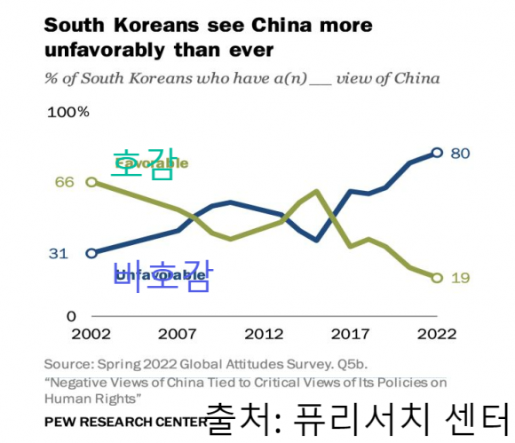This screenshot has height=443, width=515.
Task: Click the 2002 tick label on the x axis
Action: (91, 335)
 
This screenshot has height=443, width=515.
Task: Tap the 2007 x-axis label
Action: (177, 335)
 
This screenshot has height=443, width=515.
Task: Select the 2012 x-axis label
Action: (264, 335)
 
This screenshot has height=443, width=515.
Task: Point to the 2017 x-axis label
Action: (350, 335)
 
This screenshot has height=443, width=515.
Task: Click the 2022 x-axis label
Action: (437, 335)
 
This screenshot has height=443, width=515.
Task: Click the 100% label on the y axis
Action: (68, 112)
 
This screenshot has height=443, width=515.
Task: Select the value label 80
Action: (460, 153)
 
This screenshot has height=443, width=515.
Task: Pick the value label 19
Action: (460, 278)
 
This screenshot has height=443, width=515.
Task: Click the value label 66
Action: (64, 182)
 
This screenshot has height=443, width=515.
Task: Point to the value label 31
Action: (58, 253)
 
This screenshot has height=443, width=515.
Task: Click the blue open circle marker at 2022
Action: (437, 153)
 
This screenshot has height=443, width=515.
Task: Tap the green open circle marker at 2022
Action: (437, 278)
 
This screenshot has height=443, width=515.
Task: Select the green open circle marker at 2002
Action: (91, 182)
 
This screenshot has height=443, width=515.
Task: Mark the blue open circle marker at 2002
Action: (91, 253)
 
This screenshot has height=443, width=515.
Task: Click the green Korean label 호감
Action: (142, 165)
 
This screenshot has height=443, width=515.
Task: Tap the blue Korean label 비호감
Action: (161, 276)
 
